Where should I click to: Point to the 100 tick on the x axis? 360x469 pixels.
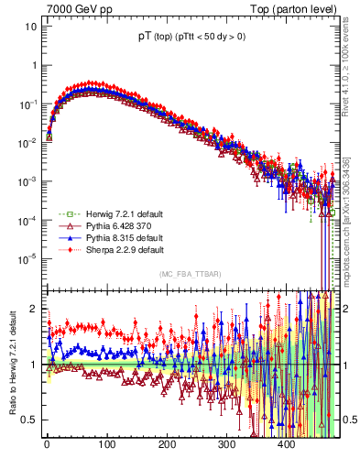106,444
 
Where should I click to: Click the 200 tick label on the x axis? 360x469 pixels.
166,444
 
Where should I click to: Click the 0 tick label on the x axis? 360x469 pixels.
47,444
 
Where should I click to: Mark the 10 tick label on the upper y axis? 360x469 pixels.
29,26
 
